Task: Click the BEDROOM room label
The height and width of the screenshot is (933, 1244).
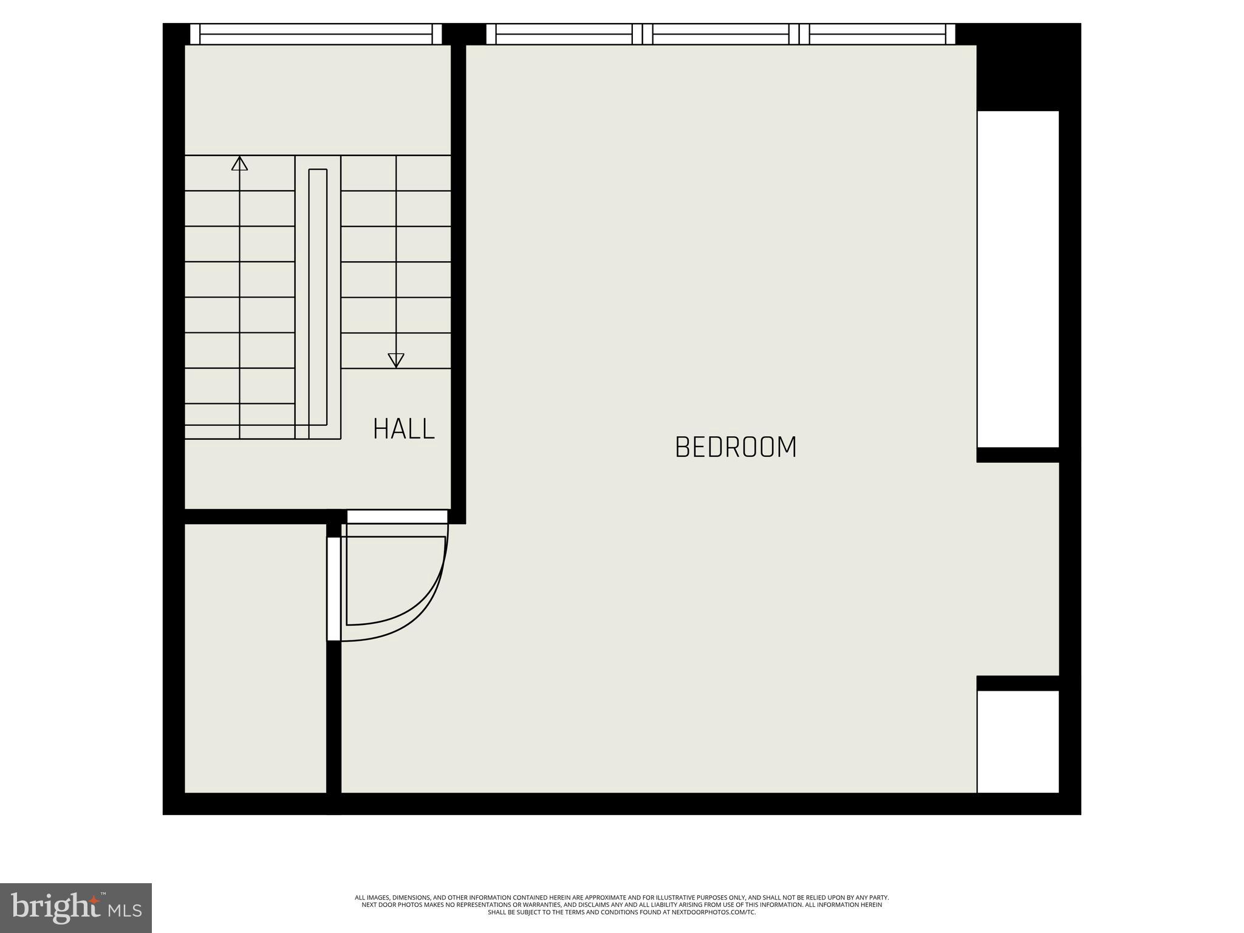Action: (736, 447)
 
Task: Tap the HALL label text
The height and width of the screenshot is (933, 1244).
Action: (404, 429)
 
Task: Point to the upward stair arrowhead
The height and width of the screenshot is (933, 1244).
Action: (239, 163)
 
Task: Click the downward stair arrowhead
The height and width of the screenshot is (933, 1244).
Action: (396, 360)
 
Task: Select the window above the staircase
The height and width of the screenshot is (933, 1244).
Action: (316, 34)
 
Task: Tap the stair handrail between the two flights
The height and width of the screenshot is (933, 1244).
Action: (318, 298)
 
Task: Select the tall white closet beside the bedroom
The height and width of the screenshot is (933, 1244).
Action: (1018, 279)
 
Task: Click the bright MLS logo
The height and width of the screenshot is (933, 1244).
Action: (76, 907)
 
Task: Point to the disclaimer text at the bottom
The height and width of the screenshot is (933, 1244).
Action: (621, 904)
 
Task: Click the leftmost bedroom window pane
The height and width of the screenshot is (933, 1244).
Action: (564, 34)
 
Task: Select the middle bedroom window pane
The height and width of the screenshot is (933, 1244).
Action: (720, 34)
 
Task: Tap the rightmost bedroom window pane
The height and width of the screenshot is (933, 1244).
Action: (877, 34)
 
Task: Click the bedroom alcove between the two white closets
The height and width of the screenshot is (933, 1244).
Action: (1018, 569)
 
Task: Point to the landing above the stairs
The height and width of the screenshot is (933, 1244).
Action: (317, 100)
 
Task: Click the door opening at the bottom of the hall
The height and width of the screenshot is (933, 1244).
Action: (397, 517)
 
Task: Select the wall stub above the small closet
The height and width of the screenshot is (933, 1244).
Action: (1018, 683)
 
